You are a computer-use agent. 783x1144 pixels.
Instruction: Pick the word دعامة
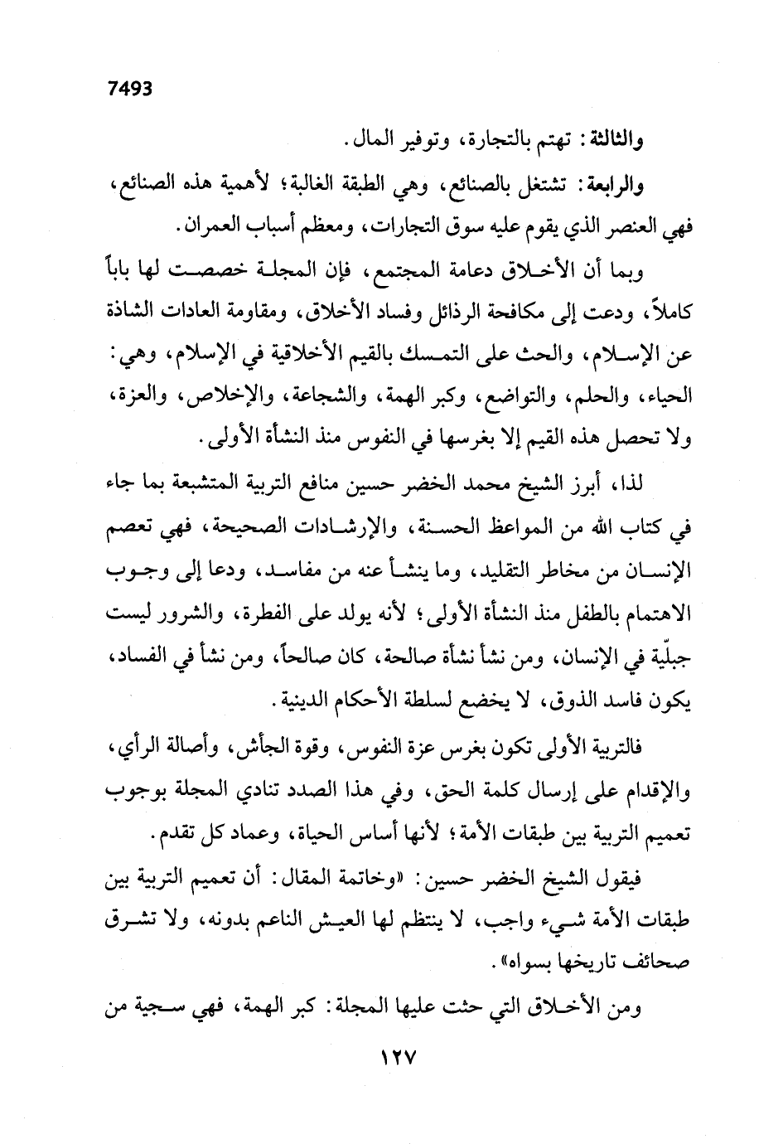tap(437, 270)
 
